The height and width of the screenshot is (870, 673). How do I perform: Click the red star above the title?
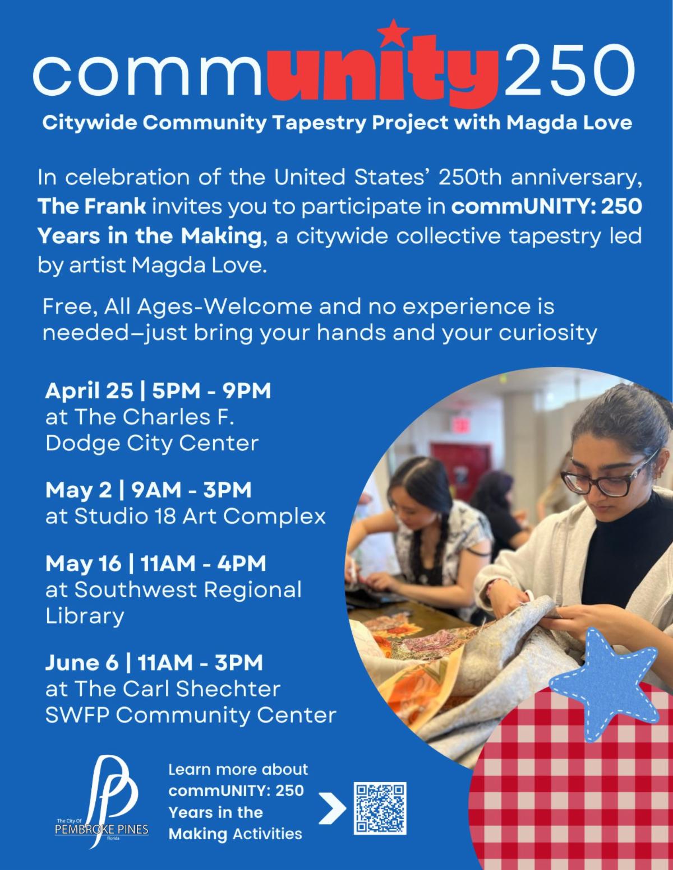coord(393,32)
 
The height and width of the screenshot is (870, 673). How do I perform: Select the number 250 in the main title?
coord(569,69)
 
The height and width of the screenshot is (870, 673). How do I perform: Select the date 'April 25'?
coord(89,391)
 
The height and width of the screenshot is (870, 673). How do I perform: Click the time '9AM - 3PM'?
coord(191,490)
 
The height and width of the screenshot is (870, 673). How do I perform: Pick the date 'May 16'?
coord(83,564)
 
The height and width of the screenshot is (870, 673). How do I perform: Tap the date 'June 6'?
coord(82,663)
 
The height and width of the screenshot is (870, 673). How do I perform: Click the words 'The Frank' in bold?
coord(92,207)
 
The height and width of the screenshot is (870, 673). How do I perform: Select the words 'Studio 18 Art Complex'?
coord(200,517)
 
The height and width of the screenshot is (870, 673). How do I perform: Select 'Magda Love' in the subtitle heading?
coord(569,123)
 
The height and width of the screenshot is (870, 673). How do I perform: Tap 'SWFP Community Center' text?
coord(191,715)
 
